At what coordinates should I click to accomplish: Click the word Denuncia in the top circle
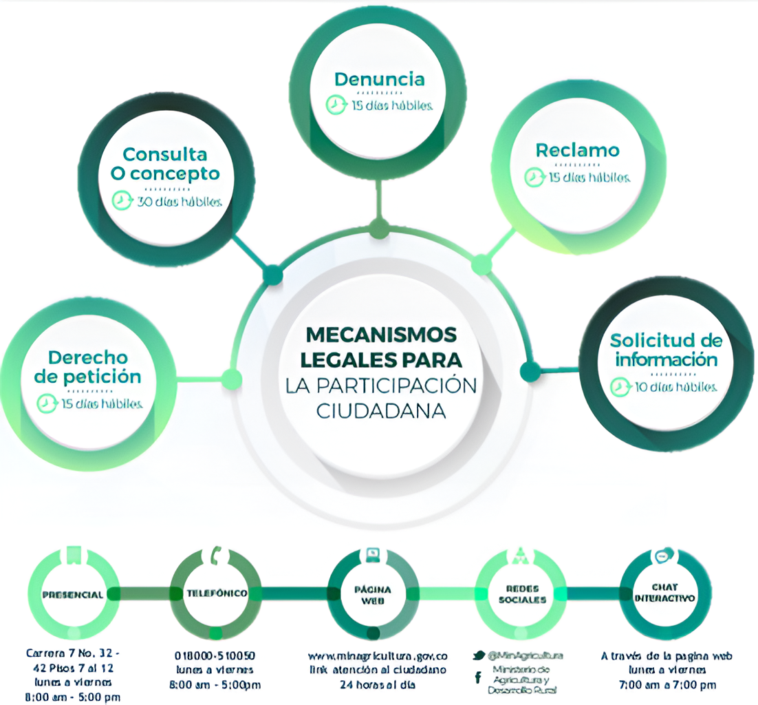tap(379, 79)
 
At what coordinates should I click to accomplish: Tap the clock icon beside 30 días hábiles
tap(121, 201)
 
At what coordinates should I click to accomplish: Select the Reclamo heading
tap(578, 150)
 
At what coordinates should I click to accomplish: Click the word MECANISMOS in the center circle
tap(381, 335)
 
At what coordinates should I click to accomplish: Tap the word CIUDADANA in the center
tap(381, 410)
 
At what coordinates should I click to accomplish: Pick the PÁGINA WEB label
tap(373, 595)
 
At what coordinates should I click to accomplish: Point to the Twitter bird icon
tap(479, 655)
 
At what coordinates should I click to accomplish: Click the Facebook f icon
tap(478, 678)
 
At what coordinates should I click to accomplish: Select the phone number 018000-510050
tap(215, 655)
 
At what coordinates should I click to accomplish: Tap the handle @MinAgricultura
tap(526, 655)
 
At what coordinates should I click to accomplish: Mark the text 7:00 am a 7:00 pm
tap(665, 684)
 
